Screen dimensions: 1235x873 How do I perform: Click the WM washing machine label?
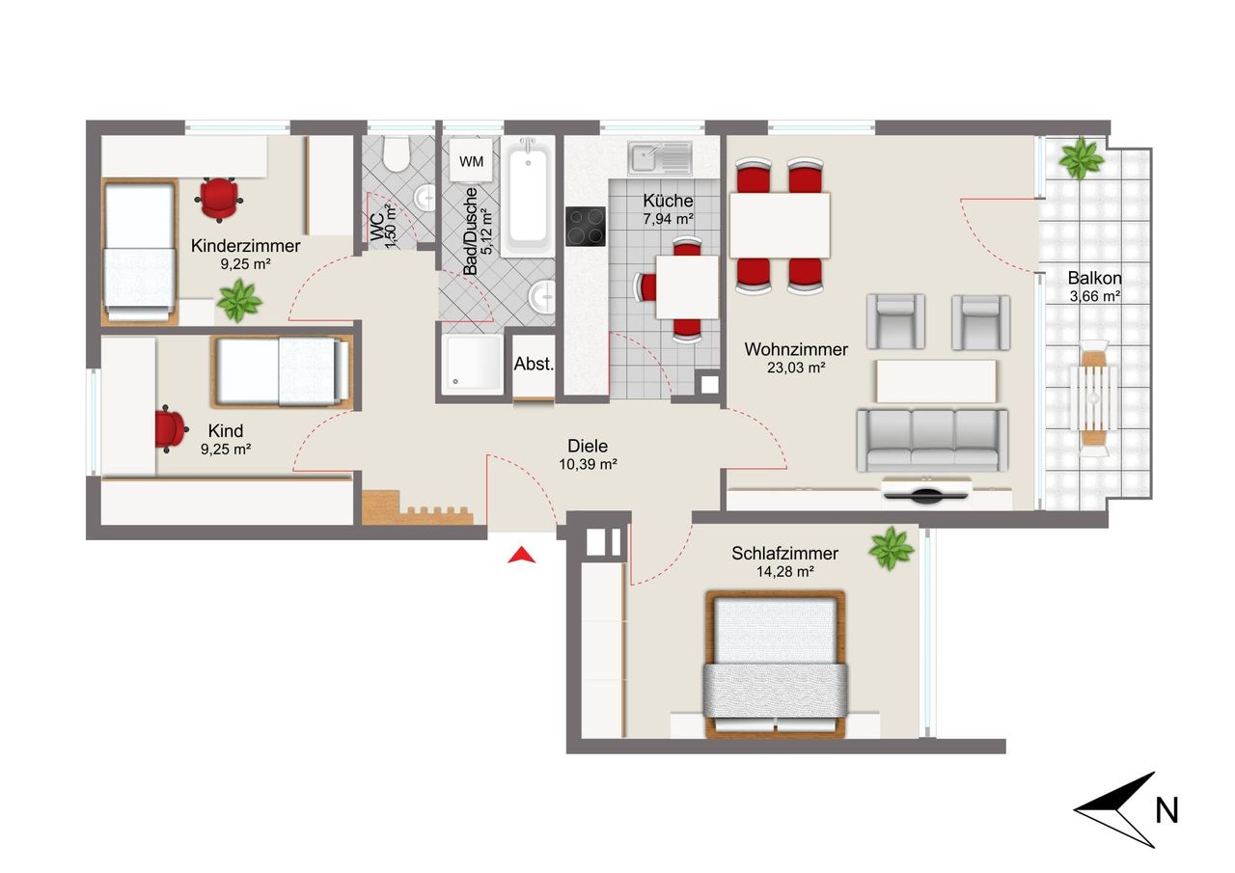pyautogui.click(x=472, y=161)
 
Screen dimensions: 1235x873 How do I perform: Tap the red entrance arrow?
pyautogui.click(x=522, y=556)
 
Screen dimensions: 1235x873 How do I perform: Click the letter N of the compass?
pyautogui.click(x=1166, y=810)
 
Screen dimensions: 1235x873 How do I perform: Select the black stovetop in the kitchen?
pyautogui.click(x=586, y=227)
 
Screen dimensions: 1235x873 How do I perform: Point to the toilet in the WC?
pyautogui.click(x=397, y=153)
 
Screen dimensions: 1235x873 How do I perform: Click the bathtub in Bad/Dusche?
pyautogui.click(x=528, y=198)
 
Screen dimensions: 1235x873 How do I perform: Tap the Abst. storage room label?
pyautogui.click(x=534, y=364)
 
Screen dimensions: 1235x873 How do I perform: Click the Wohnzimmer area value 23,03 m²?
pyautogui.click(x=796, y=368)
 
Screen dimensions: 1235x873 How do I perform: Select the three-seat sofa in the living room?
pyautogui.click(x=932, y=440)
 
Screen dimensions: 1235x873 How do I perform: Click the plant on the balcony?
pyautogui.click(x=1082, y=158)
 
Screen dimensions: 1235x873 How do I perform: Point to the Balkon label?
pyautogui.click(x=1094, y=277)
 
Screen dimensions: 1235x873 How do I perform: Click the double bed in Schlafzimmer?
pyautogui.click(x=776, y=664)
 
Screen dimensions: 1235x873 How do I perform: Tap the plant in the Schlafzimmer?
pyautogui.click(x=891, y=549)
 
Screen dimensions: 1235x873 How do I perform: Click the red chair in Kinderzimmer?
pyautogui.click(x=219, y=199)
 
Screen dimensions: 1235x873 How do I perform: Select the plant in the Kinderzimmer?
pyautogui.click(x=238, y=301)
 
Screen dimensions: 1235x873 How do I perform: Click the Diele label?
pyautogui.click(x=588, y=446)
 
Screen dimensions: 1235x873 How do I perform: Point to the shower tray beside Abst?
pyautogui.click(x=473, y=363)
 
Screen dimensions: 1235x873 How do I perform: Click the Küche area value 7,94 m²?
pyautogui.click(x=668, y=219)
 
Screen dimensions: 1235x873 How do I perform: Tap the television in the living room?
pyautogui.click(x=925, y=490)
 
